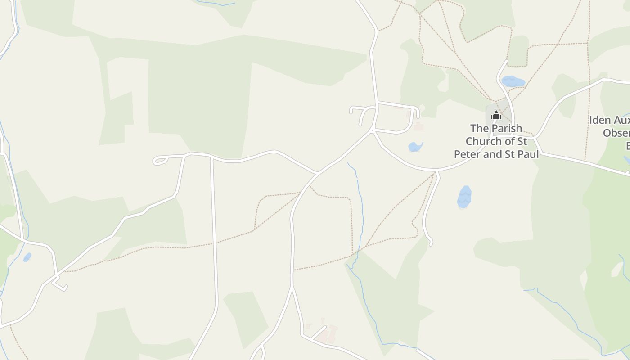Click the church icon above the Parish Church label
pyautogui.click(x=496, y=116)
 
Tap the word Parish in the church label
pyautogui.click(x=507, y=128)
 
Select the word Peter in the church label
pyautogui.click(x=469, y=154)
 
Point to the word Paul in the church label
pyautogui.click(x=529, y=154)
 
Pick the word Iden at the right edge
pyautogui.click(x=599, y=120)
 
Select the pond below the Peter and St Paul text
pyautogui.click(x=464, y=197)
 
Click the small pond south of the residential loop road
pyautogui.click(x=415, y=147)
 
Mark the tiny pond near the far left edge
pyautogui.click(x=27, y=257)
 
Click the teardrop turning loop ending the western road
pyautogui.click(x=159, y=161)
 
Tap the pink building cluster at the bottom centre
pyautogui.click(x=328, y=334)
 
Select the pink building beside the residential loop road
pyautogui.click(x=419, y=127)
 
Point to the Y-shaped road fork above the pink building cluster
pyautogui.click(x=292, y=288)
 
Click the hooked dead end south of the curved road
pyautogui.click(x=430, y=242)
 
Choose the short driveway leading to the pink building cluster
pyautogui.click(x=318, y=332)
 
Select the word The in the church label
pyautogui.click(x=479, y=128)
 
